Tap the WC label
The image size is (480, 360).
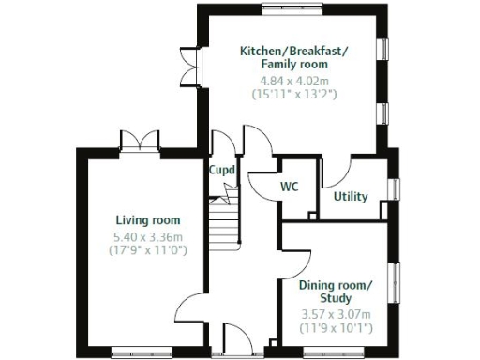coord(290,186)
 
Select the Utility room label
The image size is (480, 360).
coord(351,197)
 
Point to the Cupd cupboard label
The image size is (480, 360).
coord(221,170)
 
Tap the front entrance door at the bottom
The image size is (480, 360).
coord(224,352)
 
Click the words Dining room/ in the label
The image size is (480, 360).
coord(335,284)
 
